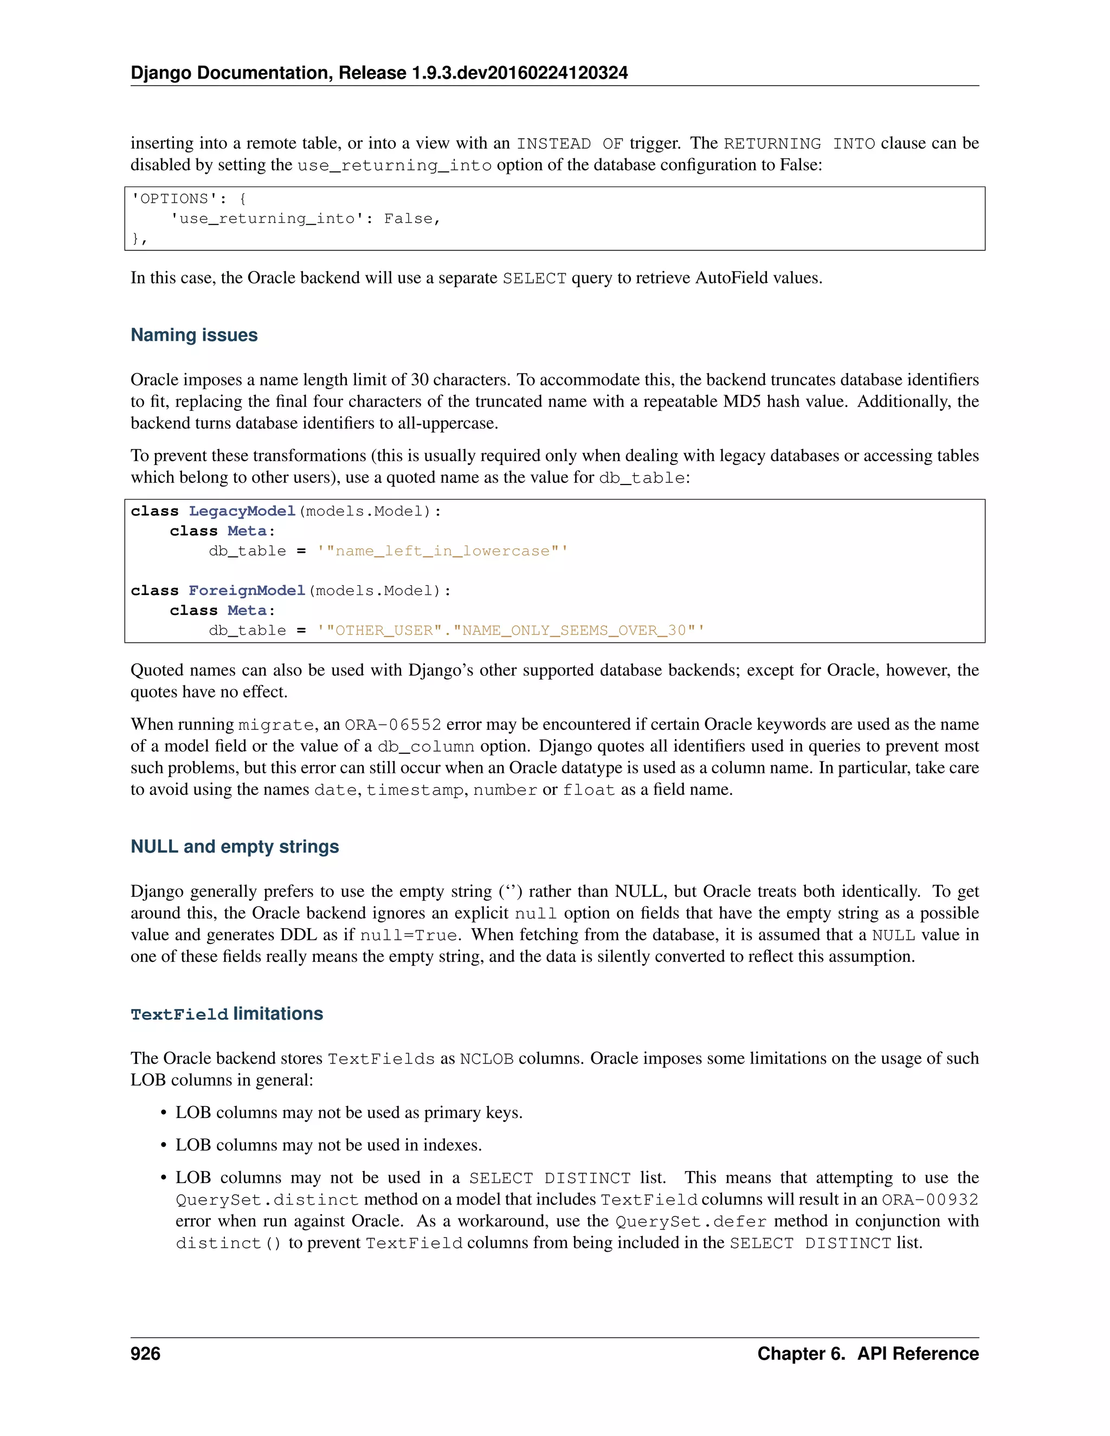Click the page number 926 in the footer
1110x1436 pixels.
(x=145, y=1354)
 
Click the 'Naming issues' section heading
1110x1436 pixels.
(x=194, y=335)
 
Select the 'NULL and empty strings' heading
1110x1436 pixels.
(x=235, y=846)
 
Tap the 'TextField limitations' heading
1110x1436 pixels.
(x=227, y=1014)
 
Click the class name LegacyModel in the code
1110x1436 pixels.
(x=242, y=511)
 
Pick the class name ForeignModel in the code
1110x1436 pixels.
(x=247, y=591)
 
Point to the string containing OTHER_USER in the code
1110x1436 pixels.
(x=510, y=631)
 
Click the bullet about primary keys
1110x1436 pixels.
(x=349, y=1112)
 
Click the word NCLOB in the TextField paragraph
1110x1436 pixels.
(x=486, y=1059)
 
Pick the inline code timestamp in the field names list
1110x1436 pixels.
(x=414, y=790)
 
